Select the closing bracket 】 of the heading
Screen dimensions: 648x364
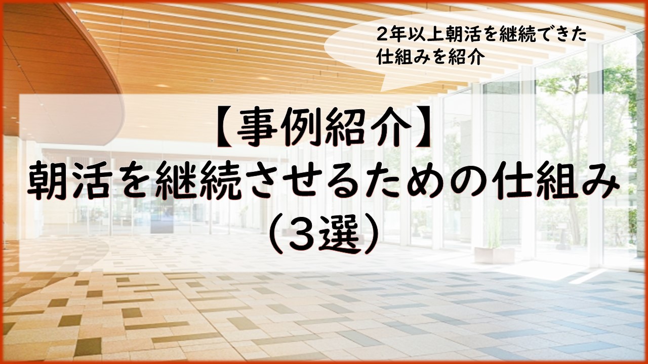click(x=422, y=127)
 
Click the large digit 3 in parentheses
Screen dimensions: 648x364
click(x=303, y=236)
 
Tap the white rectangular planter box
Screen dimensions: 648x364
click(x=494, y=255)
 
